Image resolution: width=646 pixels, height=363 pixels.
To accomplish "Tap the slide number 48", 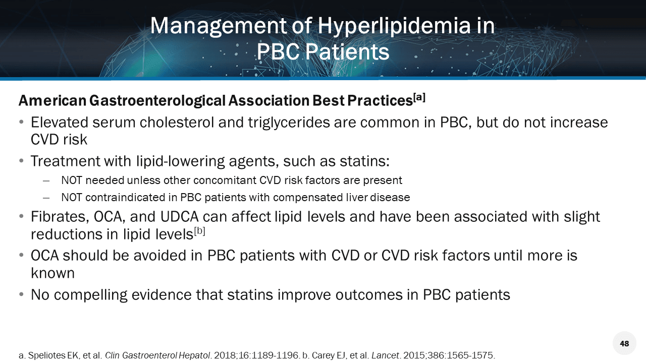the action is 624,343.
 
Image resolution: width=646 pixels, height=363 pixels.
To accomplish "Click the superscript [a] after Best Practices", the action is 419,97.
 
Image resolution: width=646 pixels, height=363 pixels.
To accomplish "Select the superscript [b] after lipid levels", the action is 199,231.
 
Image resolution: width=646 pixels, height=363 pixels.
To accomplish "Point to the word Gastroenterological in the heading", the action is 157,101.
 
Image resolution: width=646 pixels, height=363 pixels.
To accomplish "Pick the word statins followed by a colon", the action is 364,161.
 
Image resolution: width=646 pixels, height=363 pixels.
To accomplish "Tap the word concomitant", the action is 224,180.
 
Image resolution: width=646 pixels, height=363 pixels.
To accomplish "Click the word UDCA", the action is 179,217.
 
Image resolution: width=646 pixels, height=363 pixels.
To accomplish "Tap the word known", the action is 52,273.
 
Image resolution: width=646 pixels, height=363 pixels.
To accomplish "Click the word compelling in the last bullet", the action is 90,295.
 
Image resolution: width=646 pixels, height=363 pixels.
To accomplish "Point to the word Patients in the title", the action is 347,52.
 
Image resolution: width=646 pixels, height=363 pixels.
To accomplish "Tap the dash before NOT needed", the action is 46,181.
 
